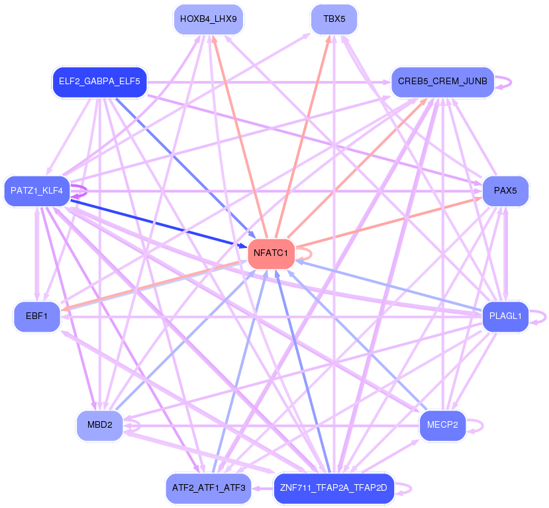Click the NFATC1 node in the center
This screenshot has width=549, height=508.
(x=271, y=254)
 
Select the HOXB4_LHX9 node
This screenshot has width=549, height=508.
(x=209, y=20)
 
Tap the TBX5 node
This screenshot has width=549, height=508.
(x=334, y=20)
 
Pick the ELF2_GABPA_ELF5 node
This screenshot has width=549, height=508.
(x=99, y=82)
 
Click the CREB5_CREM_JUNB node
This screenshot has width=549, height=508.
(x=442, y=82)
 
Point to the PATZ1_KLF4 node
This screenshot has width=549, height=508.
(x=37, y=191)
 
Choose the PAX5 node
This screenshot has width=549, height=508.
(x=505, y=191)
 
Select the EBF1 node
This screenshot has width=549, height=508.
(x=37, y=316)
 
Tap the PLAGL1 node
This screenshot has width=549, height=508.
(x=505, y=316)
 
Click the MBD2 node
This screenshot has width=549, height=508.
(x=100, y=426)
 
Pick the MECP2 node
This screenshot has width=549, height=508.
(x=442, y=426)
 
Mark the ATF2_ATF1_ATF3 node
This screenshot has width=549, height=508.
(x=209, y=488)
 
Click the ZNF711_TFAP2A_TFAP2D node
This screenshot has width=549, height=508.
(x=334, y=488)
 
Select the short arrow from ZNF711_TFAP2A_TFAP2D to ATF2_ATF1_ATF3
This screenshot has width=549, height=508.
(x=262, y=488)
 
